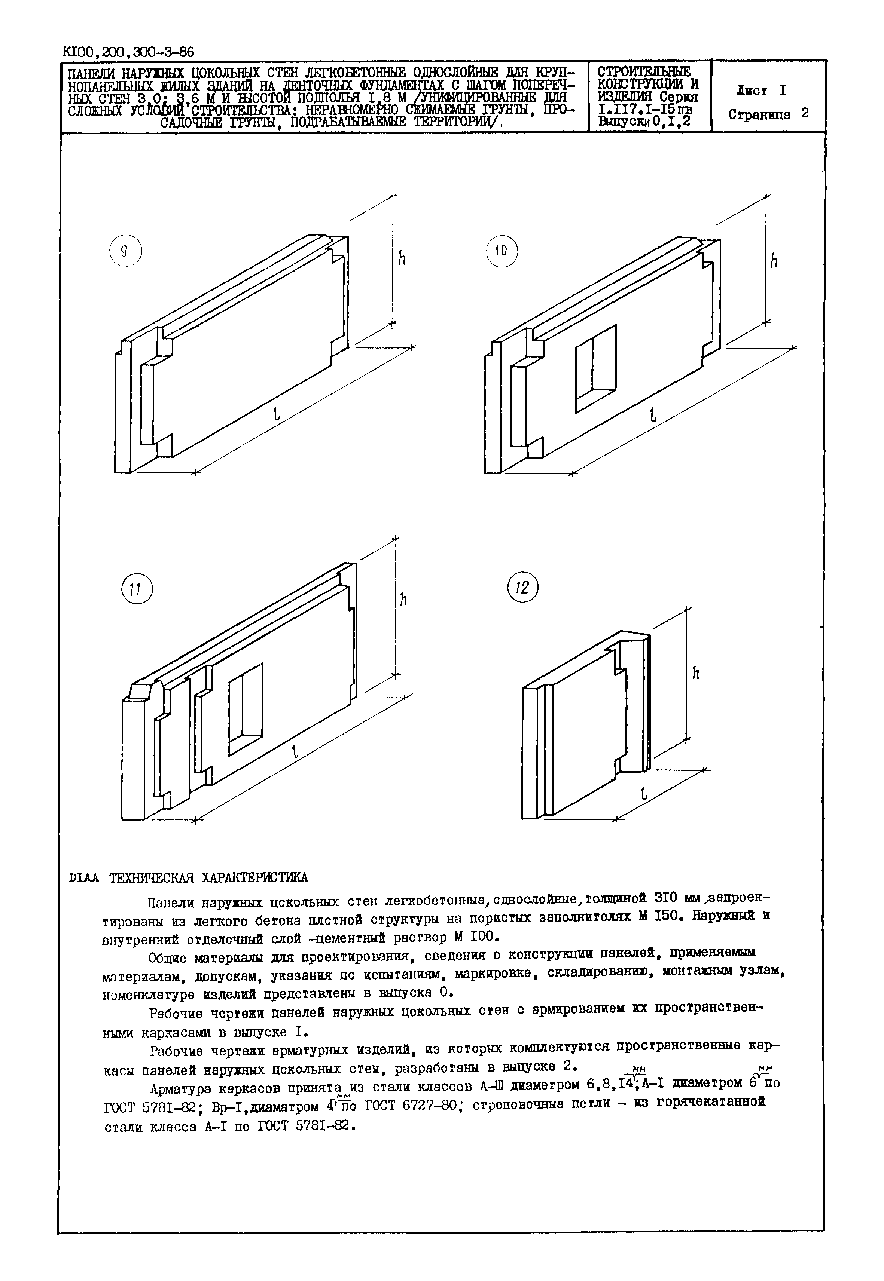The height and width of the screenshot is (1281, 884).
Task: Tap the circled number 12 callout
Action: (523, 587)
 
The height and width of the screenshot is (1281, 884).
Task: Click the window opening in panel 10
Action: (595, 368)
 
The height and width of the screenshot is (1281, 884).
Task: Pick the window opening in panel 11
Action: (246, 709)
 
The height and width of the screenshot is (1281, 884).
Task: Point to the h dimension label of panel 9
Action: (402, 258)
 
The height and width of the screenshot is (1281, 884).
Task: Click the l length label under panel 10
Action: (653, 415)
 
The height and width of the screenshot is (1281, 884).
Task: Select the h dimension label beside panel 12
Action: (696, 673)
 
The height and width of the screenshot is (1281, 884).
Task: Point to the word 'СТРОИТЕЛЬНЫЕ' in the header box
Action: (644, 72)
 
